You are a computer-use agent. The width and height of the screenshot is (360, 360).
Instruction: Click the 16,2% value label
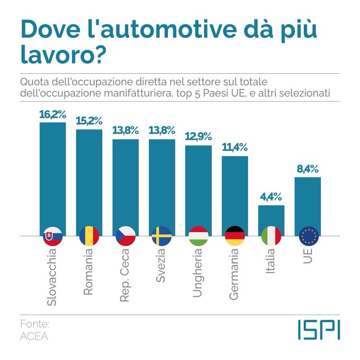pos(53,115)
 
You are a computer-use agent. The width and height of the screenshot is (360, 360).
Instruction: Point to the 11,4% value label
pos(235,148)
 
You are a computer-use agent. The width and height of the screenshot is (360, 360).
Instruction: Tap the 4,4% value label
pos(271,197)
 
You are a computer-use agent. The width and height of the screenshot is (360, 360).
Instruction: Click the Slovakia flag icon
pos(53,236)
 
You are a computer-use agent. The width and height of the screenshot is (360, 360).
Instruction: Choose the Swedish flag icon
pos(162,236)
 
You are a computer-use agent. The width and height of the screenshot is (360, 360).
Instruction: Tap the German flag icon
pos(235,236)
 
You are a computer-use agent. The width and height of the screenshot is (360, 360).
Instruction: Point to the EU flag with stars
pos(309,236)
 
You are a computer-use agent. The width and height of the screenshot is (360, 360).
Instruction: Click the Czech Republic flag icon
pos(126,236)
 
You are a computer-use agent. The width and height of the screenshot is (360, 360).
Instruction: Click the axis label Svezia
pos(161,269)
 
